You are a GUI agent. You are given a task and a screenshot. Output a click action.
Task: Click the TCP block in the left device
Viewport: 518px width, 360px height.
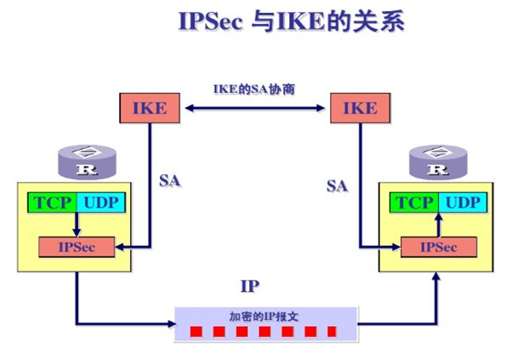(x=53, y=203)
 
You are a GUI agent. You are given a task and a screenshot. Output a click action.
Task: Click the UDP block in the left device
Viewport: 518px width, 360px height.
(x=100, y=203)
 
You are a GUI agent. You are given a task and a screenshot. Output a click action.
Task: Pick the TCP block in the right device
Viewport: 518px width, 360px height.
(x=415, y=203)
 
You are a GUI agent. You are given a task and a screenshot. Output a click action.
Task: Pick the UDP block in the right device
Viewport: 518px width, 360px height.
(x=462, y=203)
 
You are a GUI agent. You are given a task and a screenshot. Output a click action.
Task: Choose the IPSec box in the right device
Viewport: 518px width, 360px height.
(x=438, y=247)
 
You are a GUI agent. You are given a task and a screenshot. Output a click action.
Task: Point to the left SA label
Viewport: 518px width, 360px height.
(x=170, y=181)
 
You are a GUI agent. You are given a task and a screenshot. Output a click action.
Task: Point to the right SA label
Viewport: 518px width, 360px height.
(x=338, y=185)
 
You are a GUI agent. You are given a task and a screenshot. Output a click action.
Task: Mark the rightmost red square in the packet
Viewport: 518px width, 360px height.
(x=332, y=330)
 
